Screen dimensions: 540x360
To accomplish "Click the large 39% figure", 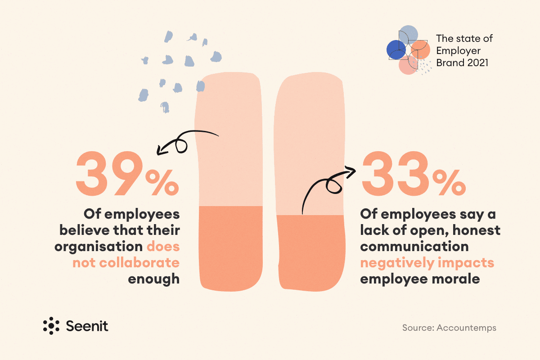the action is pos(127,173).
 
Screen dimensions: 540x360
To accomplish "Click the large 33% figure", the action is pos(414,173).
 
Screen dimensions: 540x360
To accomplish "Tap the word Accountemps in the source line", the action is pos(467,328).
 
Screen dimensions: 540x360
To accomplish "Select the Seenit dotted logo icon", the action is pos(51,326).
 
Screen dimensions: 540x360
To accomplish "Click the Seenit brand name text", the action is pos(87,326).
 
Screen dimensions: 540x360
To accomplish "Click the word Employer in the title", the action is pos(458,51).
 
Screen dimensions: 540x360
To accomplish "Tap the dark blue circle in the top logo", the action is pos(396,49).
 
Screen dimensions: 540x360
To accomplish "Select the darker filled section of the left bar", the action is pos(231,248).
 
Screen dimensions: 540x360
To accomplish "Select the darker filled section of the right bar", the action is pos(311,253).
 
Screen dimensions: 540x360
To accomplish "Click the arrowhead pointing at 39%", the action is pos(160,150).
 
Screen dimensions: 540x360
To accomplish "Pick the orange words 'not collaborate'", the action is pos(126,263).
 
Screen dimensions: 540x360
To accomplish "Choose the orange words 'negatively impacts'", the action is pos(427,263).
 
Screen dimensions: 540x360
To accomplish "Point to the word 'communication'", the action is pos(414,247).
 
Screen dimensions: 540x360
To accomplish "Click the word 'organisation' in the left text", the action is pos(99,247).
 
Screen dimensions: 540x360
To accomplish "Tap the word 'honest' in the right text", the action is pos(477,230).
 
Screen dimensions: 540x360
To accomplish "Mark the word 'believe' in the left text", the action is pos(85,230).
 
